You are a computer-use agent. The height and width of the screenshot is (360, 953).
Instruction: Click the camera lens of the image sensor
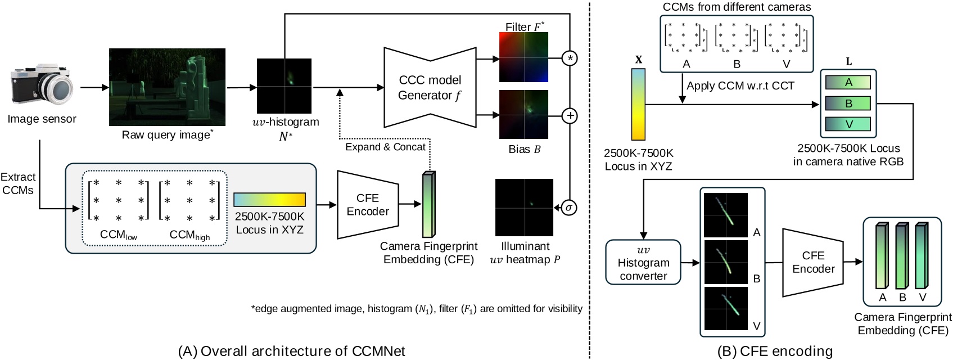pyautogui.click(x=58, y=89)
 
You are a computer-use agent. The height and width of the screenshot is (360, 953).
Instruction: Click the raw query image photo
pyautogui.click(x=167, y=87)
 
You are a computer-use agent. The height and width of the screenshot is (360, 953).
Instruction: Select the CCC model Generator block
pyautogui.click(x=430, y=87)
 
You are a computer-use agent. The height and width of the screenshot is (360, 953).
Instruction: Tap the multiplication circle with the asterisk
pyautogui.click(x=570, y=58)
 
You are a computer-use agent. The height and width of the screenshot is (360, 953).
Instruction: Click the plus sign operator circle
pyautogui.click(x=570, y=116)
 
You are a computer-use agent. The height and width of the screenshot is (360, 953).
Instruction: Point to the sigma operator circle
pyautogui.click(x=569, y=208)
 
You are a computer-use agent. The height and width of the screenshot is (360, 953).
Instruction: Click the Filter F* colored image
pyautogui.click(x=523, y=57)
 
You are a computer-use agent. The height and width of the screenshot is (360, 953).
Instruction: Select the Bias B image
pyautogui.click(x=523, y=114)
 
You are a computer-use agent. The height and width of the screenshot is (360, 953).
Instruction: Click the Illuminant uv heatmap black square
pyautogui.click(x=524, y=208)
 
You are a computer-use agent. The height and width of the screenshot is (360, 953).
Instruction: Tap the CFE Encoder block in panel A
pyautogui.click(x=368, y=205)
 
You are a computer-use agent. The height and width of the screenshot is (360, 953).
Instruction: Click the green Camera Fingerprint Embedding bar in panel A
pyautogui.click(x=428, y=205)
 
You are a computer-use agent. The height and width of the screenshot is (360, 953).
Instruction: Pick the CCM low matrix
pyautogui.click(x=119, y=200)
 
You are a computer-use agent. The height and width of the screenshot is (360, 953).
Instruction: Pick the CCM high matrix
pyautogui.click(x=189, y=200)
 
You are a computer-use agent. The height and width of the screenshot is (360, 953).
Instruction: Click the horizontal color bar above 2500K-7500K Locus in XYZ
pyautogui.click(x=269, y=200)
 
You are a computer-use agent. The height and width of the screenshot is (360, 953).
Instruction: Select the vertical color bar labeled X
pyautogui.click(x=638, y=104)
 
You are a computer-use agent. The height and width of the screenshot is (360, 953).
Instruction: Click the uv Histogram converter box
pyautogui.click(x=643, y=263)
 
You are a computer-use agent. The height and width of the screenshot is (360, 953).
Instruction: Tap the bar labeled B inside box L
pyautogui.click(x=848, y=103)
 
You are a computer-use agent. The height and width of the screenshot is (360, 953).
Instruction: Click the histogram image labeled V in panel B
pyautogui.click(x=726, y=308)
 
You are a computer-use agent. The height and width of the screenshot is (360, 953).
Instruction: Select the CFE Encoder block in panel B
pyautogui.click(x=813, y=263)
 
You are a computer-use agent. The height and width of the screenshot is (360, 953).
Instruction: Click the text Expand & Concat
pyautogui.click(x=385, y=147)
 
